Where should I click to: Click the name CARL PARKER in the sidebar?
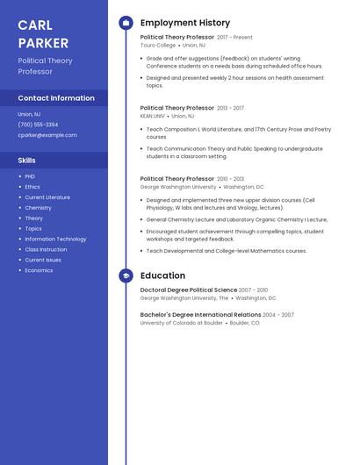pyautogui.click(x=43, y=34)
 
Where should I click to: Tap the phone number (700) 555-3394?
pyautogui.click(x=38, y=125)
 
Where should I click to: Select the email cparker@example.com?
pyautogui.click(x=47, y=135)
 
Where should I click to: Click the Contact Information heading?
pyautogui.click(x=56, y=98)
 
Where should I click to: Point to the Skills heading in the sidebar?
pyautogui.click(x=27, y=161)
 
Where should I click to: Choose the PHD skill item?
pyautogui.click(x=30, y=176)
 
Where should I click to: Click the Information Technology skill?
pyautogui.click(x=55, y=240)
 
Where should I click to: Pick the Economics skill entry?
pyautogui.click(x=39, y=270)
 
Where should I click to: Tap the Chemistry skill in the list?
pyautogui.click(x=38, y=208)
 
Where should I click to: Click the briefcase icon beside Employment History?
pyautogui.click(x=126, y=23)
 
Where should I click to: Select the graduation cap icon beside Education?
pyautogui.click(x=126, y=275)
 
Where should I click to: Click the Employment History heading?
pyautogui.click(x=185, y=23)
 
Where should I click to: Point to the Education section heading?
pyautogui.click(x=162, y=275)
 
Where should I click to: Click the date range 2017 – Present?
pyautogui.click(x=234, y=38)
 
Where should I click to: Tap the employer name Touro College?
pyautogui.click(x=158, y=45)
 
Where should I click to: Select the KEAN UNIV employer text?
pyautogui.click(x=153, y=116)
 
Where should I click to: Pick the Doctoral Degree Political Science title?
pyautogui.click(x=189, y=290)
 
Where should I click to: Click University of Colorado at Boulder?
pyautogui.click(x=182, y=323)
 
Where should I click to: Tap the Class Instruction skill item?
pyautogui.click(x=46, y=250)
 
